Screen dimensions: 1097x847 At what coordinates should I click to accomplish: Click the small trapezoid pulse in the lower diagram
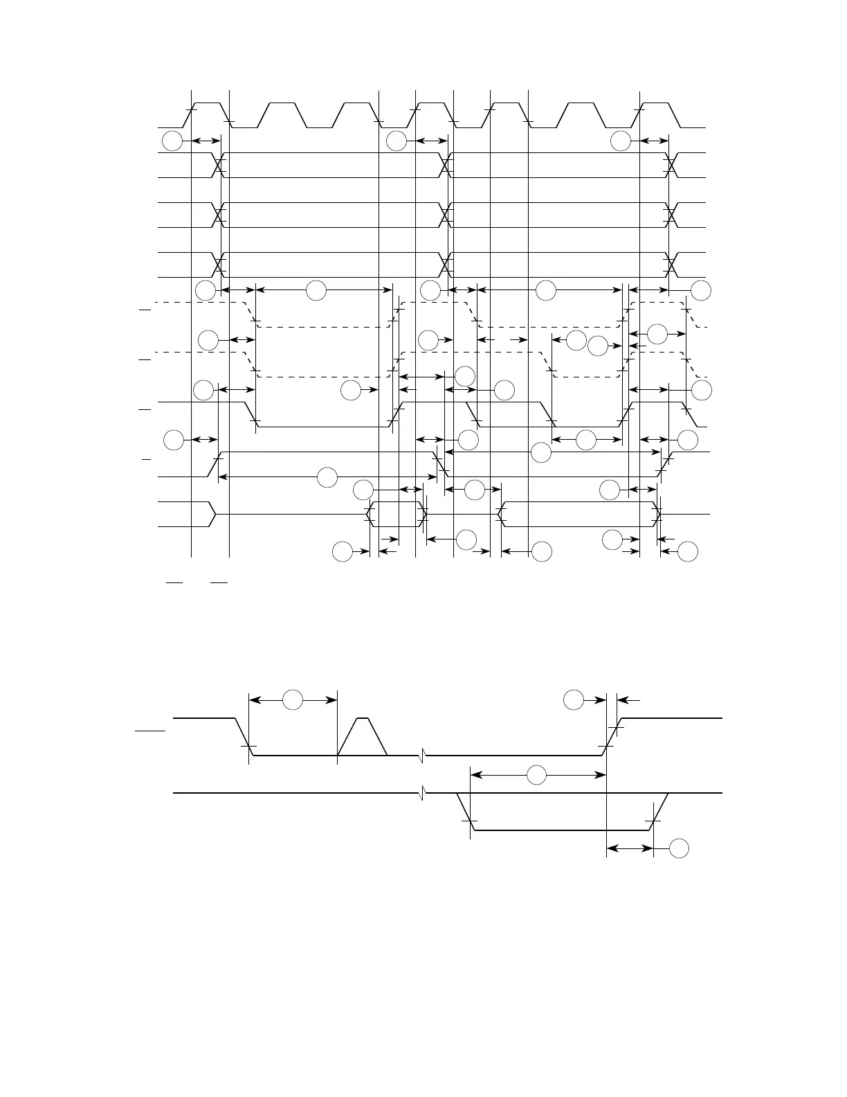362,737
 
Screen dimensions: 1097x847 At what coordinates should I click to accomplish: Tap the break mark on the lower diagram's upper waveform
421,755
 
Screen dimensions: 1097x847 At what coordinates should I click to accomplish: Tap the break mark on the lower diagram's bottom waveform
421,792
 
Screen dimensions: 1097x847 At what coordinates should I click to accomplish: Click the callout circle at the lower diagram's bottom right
679,848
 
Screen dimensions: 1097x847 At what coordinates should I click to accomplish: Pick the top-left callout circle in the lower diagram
293,700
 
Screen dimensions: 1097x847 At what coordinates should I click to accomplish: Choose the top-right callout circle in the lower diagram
573,700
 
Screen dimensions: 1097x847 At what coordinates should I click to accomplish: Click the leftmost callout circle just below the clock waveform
172,141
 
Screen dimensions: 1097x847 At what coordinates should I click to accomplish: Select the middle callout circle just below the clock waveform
397,141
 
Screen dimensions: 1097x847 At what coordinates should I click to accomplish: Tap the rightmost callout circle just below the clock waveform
621,141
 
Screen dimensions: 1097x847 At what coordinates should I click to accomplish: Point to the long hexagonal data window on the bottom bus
579,515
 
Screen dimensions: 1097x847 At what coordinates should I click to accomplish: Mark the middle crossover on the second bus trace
446,215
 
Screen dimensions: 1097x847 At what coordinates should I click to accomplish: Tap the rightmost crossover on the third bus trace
671,265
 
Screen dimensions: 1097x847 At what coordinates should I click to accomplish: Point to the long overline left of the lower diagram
151,730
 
